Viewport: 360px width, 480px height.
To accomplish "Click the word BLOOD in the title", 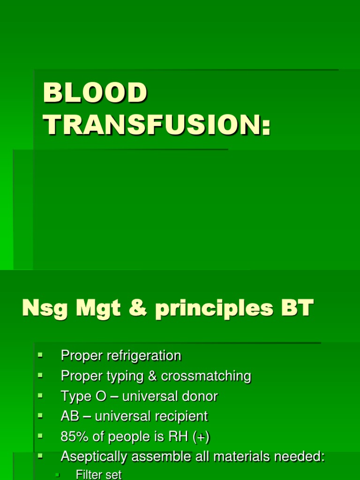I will (x=95, y=93).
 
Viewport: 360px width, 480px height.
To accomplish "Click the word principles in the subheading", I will (x=214, y=310).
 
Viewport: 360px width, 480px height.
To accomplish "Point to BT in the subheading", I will (x=297, y=309).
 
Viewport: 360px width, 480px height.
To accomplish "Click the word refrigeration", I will (x=144, y=356).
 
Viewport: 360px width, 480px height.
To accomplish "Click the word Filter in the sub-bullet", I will (x=87, y=475).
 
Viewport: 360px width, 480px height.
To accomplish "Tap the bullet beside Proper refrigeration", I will (x=40, y=355).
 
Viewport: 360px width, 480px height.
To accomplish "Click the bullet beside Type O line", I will (x=40, y=396).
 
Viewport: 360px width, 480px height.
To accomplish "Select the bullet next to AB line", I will (x=40, y=416).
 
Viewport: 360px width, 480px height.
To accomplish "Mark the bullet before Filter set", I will (x=57, y=475).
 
